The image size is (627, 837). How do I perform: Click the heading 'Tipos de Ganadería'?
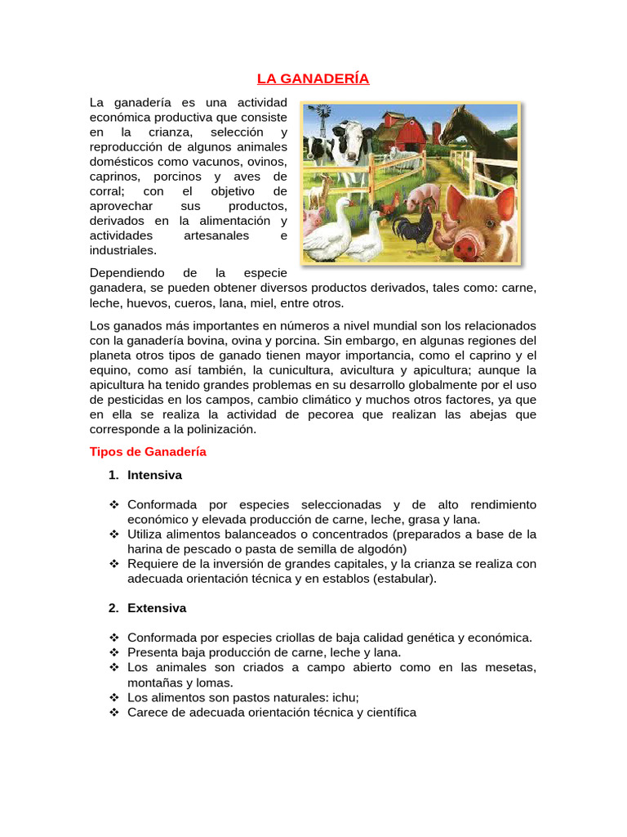tap(147, 451)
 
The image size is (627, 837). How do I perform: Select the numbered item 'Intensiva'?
tap(154, 475)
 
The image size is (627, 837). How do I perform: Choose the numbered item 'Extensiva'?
tap(157, 608)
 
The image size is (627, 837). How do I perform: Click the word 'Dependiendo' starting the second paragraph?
tap(127, 272)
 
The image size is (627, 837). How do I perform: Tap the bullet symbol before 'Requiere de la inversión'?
tap(114, 564)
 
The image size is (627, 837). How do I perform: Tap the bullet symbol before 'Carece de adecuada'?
tap(114, 712)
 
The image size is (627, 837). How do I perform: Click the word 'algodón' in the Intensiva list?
tap(382, 548)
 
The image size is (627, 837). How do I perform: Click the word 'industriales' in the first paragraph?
tap(122, 250)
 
